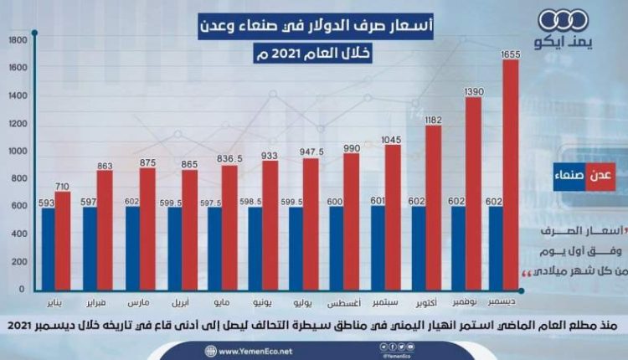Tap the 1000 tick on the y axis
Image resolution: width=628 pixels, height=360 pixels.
[x=18, y=152]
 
